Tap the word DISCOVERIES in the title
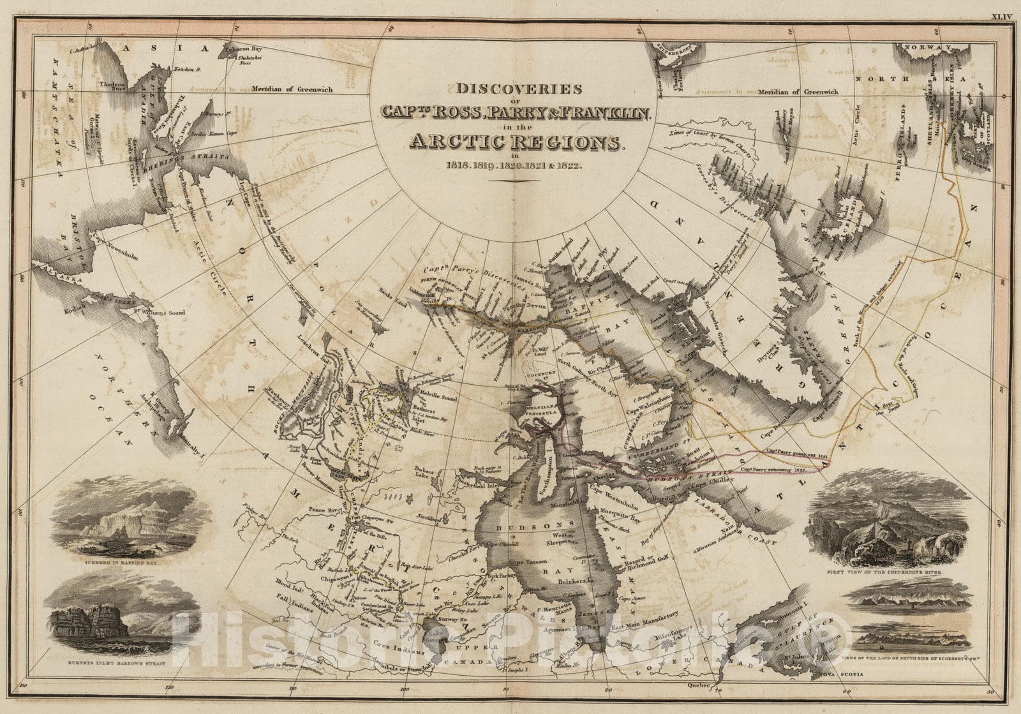[515, 89]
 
